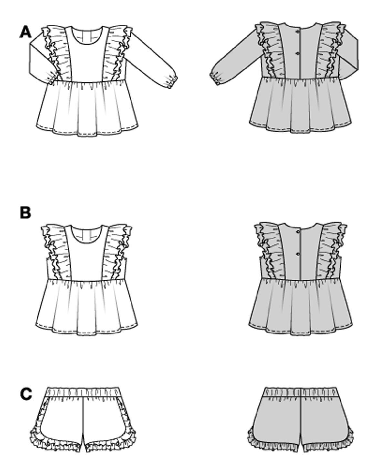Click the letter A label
tap(26, 32)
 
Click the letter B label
tap(26, 213)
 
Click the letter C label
tap(26, 394)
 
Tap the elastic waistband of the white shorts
tap(84, 393)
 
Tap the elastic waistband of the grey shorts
tap(301, 392)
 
